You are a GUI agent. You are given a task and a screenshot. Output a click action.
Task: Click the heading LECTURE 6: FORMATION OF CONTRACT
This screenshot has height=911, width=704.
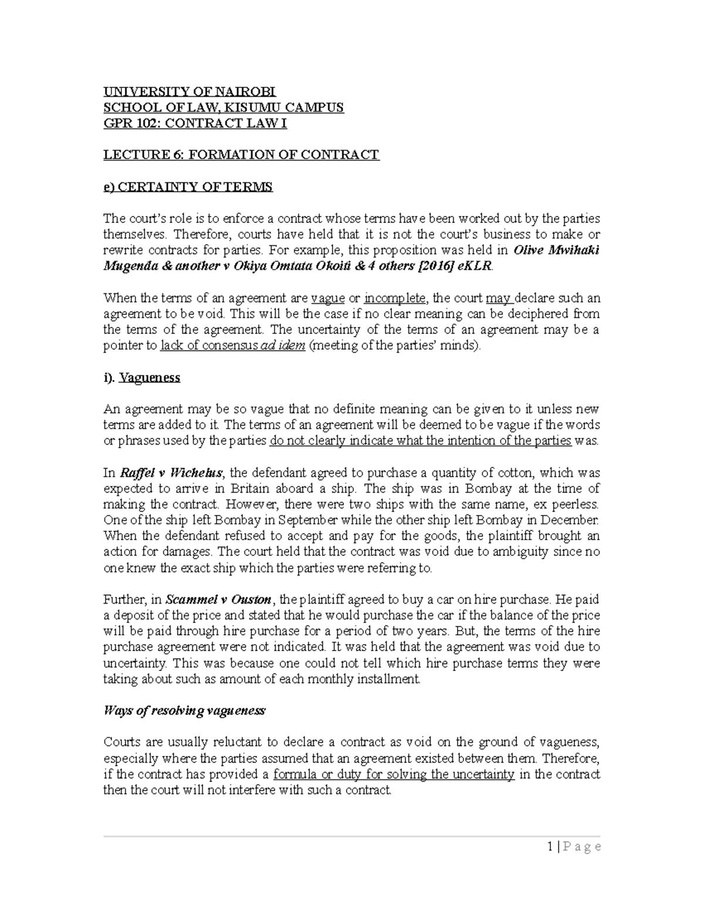coord(241,155)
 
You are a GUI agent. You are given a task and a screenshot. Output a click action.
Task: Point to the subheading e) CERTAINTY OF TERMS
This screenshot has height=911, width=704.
coord(188,187)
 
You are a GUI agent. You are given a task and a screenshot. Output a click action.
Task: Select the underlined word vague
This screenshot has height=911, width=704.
coord(327,298)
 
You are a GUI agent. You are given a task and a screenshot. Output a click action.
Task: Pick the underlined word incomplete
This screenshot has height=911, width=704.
coord(394,298)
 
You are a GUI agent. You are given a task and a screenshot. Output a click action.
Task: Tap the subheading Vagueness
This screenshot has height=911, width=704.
coord(149,378)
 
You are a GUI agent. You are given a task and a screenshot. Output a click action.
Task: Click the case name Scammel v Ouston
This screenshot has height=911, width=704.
coord(218,600)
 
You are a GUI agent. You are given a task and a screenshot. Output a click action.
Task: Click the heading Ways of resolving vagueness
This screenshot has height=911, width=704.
coord(184,711)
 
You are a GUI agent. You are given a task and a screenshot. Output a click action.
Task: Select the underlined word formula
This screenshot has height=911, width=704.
coord(295,774)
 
